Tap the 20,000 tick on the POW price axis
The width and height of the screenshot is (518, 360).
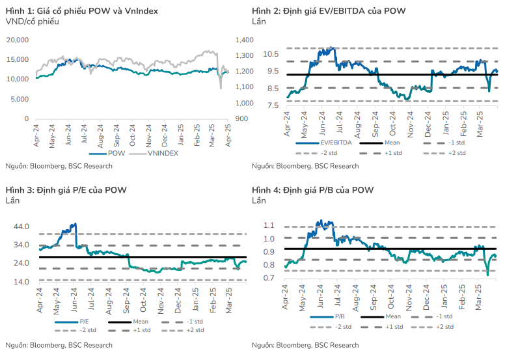18,40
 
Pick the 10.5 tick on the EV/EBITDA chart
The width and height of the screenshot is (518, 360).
271,53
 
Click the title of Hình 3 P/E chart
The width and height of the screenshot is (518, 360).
66,190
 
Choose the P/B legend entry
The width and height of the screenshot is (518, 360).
338,316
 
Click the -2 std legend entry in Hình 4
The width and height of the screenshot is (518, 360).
343,327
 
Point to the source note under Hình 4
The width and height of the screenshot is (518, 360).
305,345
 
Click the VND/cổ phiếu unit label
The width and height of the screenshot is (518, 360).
32,22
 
